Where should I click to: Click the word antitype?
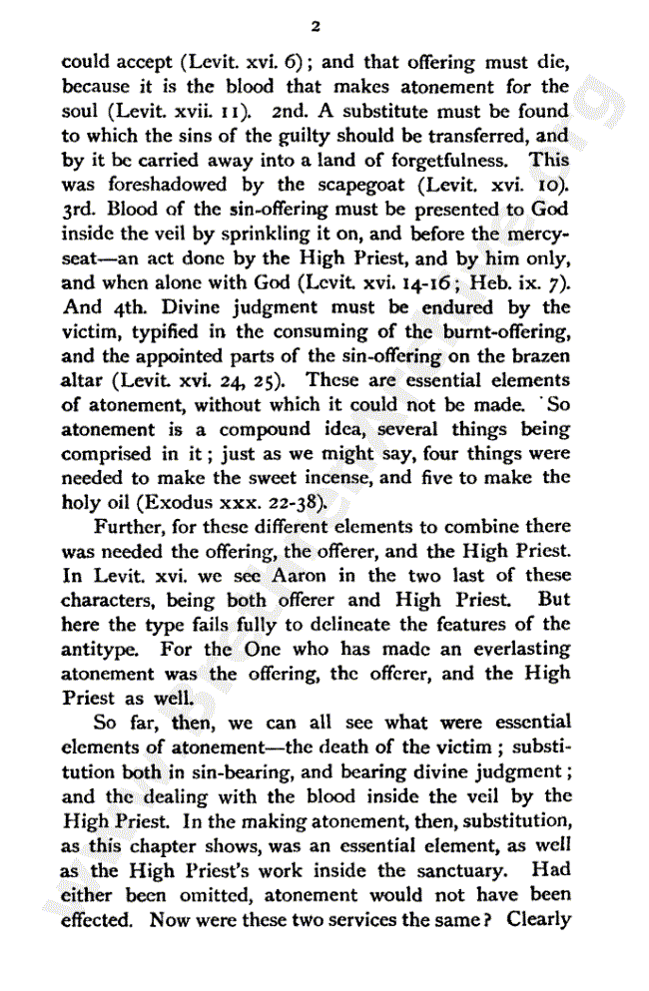pos(97,650)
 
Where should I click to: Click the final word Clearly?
pos(538,918)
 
